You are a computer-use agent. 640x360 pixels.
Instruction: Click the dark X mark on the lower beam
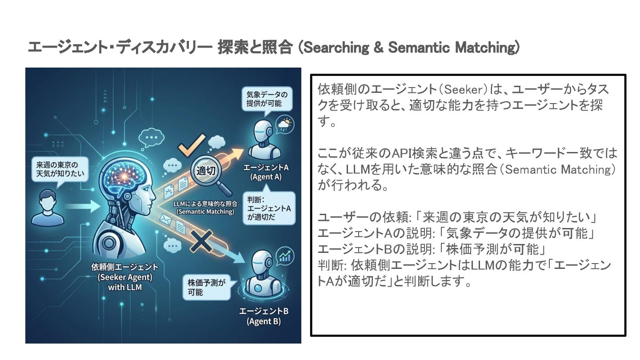coord(198,243)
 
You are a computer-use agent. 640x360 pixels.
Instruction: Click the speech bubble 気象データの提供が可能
coord(267,99)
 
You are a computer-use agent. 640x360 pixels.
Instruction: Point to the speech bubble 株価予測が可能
coord(206,287)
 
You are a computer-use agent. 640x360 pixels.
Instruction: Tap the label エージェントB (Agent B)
coord(264,316)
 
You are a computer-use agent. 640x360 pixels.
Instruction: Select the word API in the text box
coord(402,154)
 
